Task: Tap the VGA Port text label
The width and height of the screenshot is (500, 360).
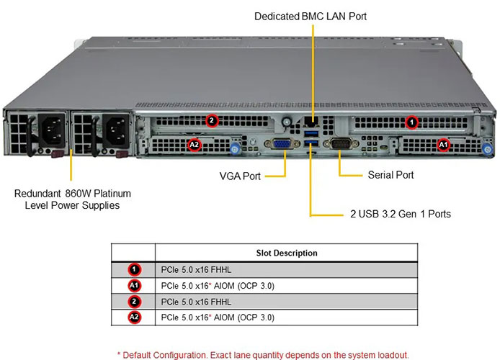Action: click(240, 175)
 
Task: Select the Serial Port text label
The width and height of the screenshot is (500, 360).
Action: click(390, 175)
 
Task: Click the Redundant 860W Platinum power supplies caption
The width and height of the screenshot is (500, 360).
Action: click(72, 199)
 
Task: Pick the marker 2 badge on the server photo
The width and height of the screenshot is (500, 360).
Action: click(212, 120)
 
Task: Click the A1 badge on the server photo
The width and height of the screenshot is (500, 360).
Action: click(444, 145)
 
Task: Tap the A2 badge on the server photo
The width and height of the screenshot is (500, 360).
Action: click(194, 145)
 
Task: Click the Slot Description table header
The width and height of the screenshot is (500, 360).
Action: click(287, 253)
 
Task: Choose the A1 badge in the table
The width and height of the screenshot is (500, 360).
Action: click(133, 285)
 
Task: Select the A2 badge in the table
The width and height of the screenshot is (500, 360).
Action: click(133, 317)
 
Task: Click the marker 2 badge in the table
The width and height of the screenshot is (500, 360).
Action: click(133, 301)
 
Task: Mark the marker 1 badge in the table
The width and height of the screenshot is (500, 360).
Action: click(133, 269)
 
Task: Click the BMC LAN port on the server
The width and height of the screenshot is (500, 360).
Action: click(311, 120)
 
